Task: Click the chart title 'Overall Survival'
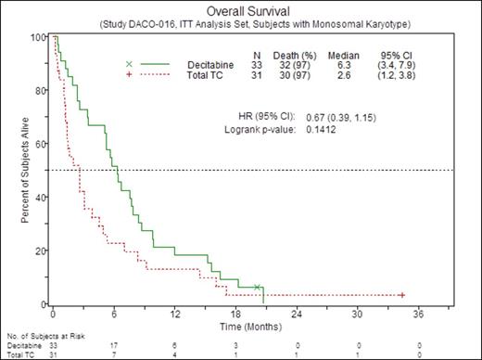point(244,10)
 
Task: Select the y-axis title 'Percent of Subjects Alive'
point(23,172)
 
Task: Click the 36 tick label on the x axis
point(418,314)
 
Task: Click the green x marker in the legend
point(129,64)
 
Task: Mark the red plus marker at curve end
point(401,295)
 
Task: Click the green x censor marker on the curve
point(257,288)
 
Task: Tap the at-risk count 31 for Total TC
point(53,354)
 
